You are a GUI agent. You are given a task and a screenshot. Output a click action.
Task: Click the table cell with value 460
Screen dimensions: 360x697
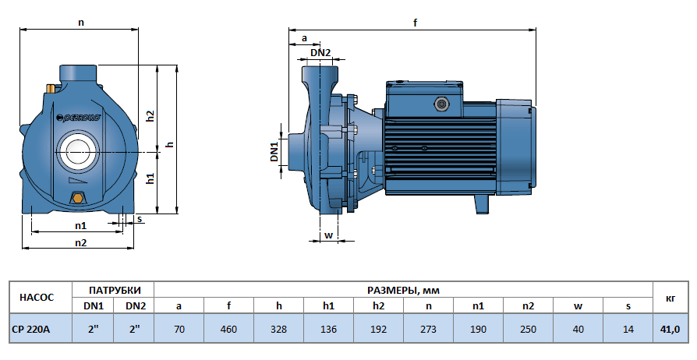pyautogui.click(x=228, y=329)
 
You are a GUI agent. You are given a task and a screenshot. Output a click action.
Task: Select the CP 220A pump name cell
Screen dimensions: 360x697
pyautogui.click(x=32, y=329)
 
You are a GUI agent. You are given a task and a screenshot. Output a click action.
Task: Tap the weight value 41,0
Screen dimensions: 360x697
pyautogui.click(x=670, y=329)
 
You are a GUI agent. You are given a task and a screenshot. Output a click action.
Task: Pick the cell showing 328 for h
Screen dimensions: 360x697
pyautogui.click(x=278, y=329)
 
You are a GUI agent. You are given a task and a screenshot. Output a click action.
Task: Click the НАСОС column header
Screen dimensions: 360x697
pyautogui.click(x=37, y=297)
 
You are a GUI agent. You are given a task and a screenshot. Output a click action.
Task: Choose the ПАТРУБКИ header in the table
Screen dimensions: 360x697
pyautogui.click(x=114, y=289)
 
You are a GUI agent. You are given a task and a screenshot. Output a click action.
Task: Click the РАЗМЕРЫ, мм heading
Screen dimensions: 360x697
pyautogui.click(x=402, y=289)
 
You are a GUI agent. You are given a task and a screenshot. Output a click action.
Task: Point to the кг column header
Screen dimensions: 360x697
pyautogui.click(x=670, y=297)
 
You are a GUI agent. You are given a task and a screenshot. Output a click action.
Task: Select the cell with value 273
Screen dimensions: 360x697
pyautogui.click(x=428, y=329)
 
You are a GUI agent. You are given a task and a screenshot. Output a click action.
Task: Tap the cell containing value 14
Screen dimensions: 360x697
pyautogui.click(x=628, y=329)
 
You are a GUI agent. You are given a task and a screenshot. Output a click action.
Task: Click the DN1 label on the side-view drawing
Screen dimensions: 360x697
pyautogui.click(x=275, y=151)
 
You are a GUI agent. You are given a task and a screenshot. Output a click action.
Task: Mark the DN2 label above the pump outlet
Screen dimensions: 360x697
pyautogui.click(x=320, y=53)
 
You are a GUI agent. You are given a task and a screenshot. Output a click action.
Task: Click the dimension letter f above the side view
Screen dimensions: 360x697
pyautogui.click(x=415, y=23)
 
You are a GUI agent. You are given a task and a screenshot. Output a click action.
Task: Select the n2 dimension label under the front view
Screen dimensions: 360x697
pyautogui.click(x=80, y=242)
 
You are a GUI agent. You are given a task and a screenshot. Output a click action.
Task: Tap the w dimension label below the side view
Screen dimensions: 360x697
pyautogui.click(x=328, y=235)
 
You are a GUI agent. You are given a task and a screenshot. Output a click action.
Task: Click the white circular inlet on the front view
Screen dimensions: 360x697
pyautogui.click(x=78, y=149)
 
